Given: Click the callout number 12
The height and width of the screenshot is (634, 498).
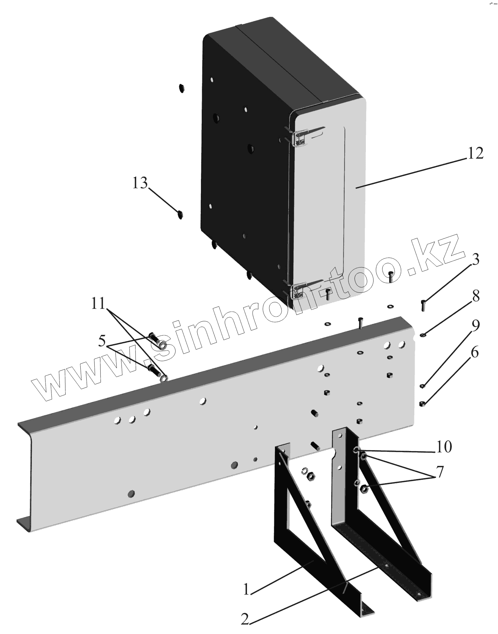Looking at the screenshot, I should tap(475, 153).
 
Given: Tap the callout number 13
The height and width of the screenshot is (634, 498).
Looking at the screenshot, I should tap(140, 183).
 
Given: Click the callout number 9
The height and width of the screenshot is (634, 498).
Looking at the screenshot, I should tap(475, 326).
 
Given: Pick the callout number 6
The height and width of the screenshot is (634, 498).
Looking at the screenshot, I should tap(475, 353).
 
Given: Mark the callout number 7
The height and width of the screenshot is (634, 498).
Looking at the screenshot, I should tap(440, 472).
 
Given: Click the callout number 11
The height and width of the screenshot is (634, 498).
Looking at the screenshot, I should tap(98, 304).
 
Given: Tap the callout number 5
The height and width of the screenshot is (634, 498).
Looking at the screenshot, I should tap(102, 341).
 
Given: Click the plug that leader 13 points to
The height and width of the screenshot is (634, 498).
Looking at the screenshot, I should tap(180, 215).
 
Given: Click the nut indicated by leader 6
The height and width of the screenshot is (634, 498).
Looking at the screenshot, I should tap(422, 404).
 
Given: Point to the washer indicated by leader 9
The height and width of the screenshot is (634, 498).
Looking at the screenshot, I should tap(422, 385).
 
